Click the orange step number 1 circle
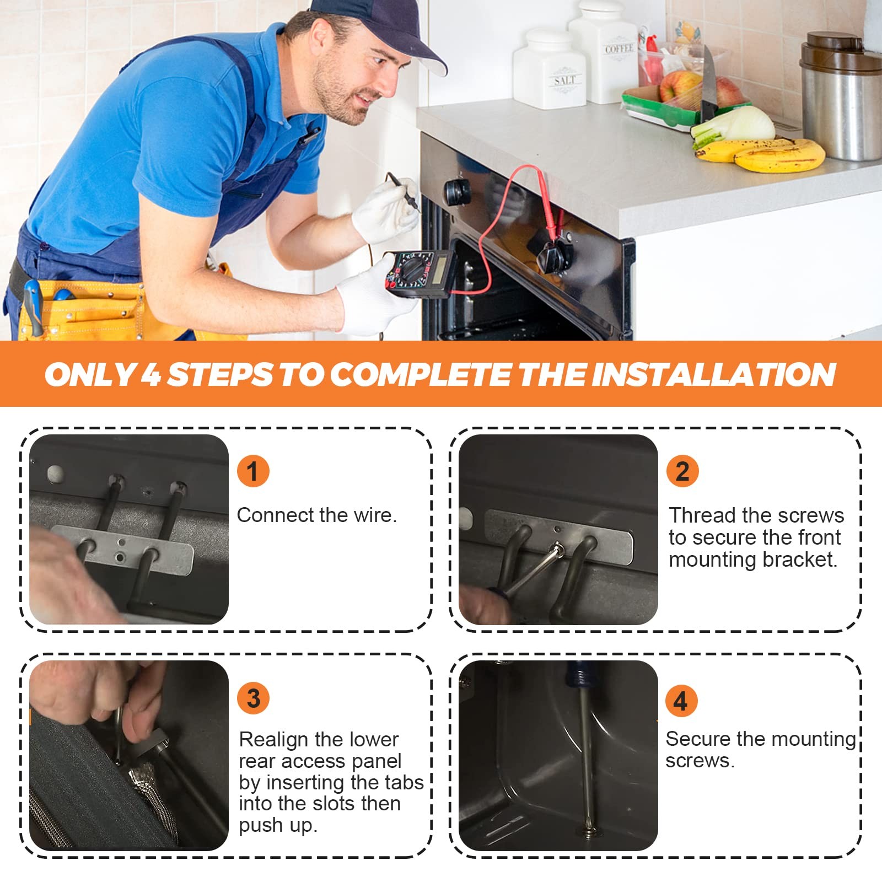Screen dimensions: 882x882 pyautogui.click(x=253, y=471)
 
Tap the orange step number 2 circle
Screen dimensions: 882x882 pyautogui.click(x=682, y=471)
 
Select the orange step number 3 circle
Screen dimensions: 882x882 pyautogui.click(x=253, y=698)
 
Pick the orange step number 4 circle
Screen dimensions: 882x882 pyautogui.click(x=681, y=701)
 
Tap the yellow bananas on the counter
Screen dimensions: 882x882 pyautogui.click(x=761, y=154)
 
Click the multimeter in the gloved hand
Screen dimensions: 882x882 pyautogui.click(x=419, y=273)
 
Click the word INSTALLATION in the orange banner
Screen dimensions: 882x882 pyautogui.click(x=714, y=374)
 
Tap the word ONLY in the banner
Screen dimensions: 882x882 pyautogui.click(x=90, y=374)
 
